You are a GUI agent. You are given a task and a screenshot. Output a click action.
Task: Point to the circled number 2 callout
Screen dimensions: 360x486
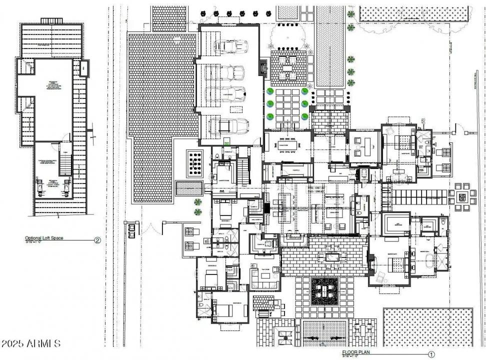point(97,240)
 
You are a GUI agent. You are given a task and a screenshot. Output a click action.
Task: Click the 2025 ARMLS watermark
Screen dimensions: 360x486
point(31,344)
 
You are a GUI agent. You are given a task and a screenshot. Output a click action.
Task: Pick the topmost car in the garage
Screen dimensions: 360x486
point(231,46)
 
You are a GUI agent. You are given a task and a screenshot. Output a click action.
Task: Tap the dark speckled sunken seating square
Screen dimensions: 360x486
point(325,290)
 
